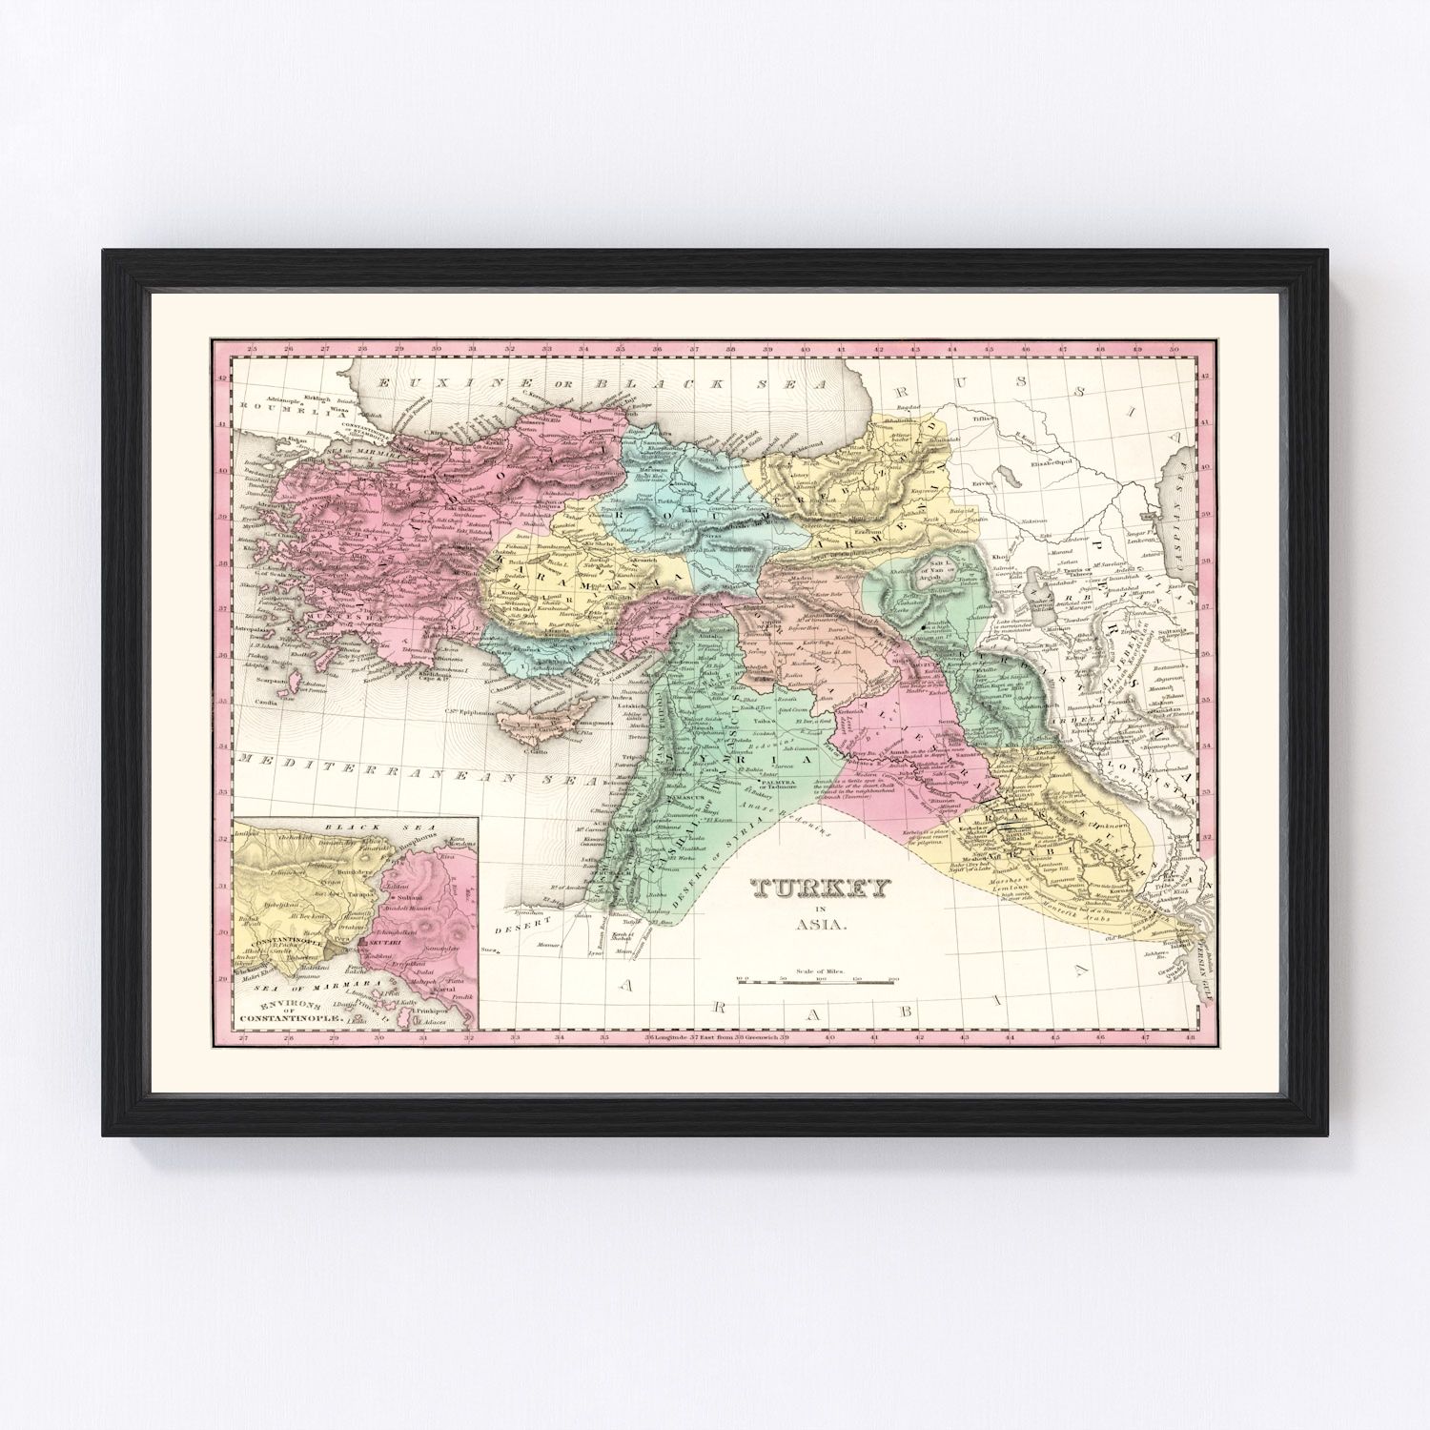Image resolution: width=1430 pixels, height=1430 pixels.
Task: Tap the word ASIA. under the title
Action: (821, 923)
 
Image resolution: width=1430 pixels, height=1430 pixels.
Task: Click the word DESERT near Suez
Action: (516, 922)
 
